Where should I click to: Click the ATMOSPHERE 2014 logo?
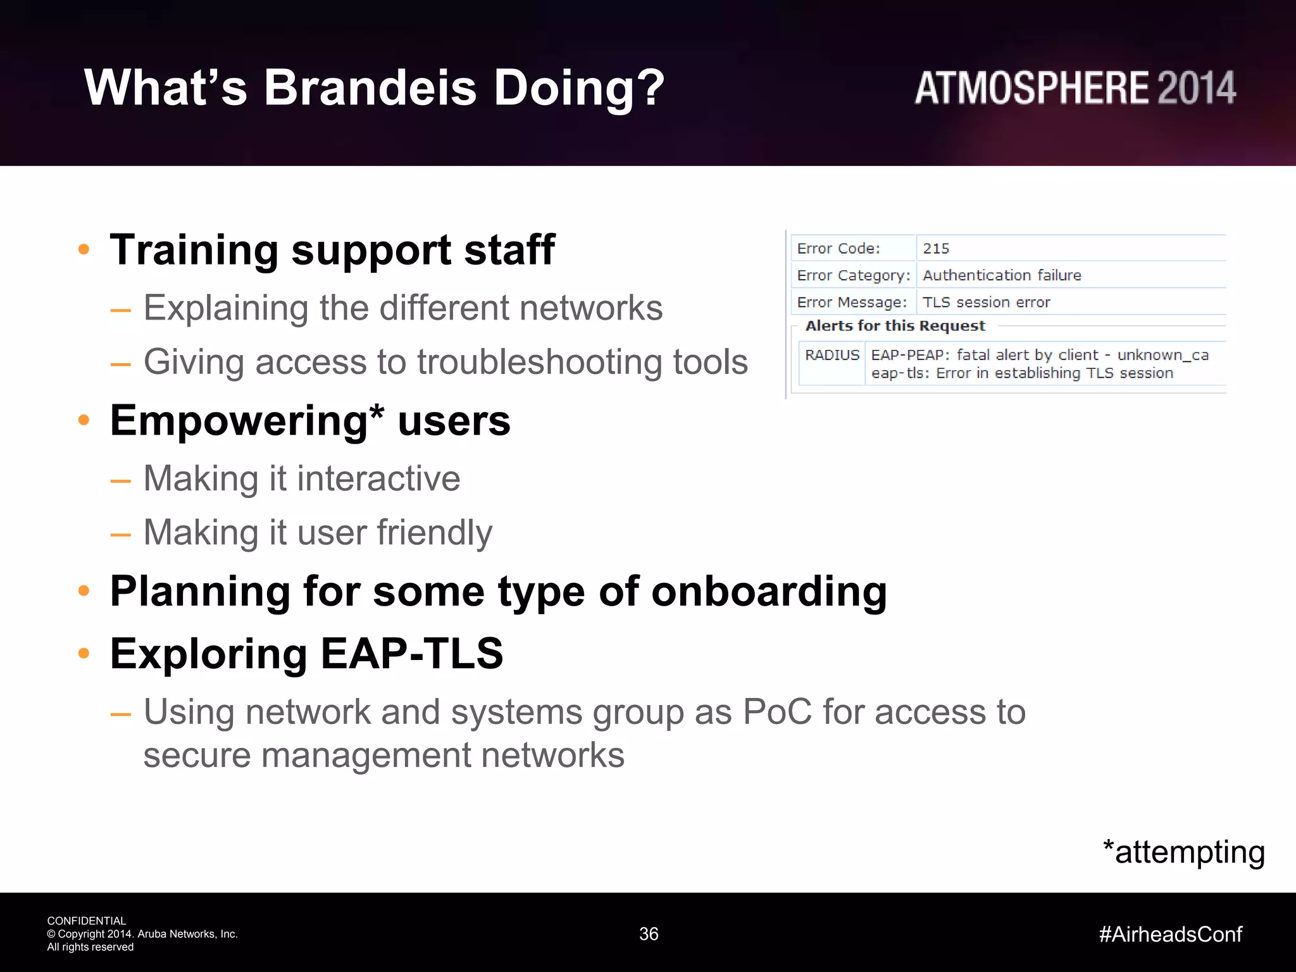[1075, 89]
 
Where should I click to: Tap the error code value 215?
[936, 249]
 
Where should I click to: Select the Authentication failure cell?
[1002, 275]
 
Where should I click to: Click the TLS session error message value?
[986, 302]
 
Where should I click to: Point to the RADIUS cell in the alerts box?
[832, 356]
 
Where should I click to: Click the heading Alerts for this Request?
[895, 326]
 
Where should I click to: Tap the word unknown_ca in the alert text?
[1162, 356]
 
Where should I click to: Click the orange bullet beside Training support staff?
[84, 249]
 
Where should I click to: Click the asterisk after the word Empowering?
[377, 413]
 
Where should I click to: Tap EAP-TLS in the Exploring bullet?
[411, 653]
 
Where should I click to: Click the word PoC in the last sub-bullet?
[777, 712]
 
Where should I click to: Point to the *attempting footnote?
[1183, 852]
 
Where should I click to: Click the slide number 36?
[649, 934]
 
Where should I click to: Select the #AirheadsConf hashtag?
[1170, 934]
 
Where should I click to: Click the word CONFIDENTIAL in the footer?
[87, 921]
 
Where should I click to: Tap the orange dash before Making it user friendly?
[120, 535]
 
